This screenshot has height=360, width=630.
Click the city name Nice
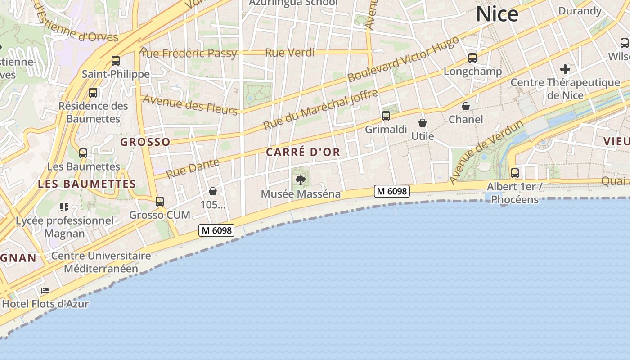tap(497, 14)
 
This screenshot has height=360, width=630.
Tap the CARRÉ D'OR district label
tap(303, 152)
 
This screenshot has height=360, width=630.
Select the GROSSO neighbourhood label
tap(145, 142)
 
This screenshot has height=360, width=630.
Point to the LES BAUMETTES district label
tap(87, 184)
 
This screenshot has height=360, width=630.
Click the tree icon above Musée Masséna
tap(300, 180)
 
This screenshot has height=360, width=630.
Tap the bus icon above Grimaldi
tap(386, 116)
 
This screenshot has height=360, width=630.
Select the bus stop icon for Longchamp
tap(472, 58)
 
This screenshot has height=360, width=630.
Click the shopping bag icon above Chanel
tap(466, 106)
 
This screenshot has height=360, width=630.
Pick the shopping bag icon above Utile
tap(423, 123)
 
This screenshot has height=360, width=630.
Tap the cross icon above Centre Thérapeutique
tap(565, 69)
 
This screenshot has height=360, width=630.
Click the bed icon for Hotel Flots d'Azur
tap(45, 291)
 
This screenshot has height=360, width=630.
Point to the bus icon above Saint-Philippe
tap(116, 61)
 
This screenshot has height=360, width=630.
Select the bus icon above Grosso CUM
tap(160, 202)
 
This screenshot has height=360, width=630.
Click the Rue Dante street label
tap(193, 168)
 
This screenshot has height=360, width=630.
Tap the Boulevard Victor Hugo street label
tap(403, 59)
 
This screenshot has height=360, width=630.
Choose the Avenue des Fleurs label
tap(190, 105)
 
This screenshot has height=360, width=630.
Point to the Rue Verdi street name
tap(290, 53)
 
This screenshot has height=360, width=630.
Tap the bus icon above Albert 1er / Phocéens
tap(515, 173)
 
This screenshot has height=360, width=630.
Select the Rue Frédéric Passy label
tap(189, 53)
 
